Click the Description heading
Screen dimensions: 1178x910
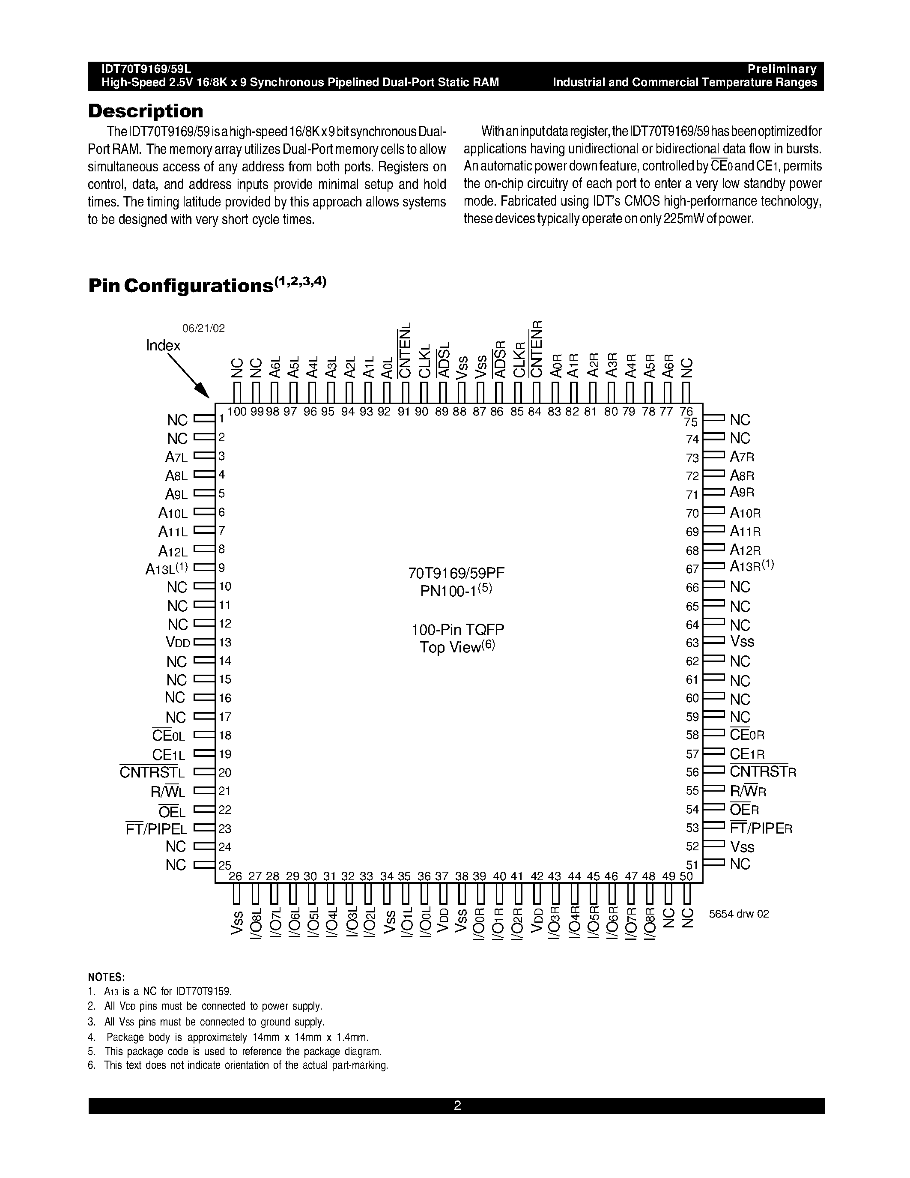(x=146, y=111)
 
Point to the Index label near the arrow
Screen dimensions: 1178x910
(x=163, y=345)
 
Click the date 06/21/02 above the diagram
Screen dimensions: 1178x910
(x=203, y=328)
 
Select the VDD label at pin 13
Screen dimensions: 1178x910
(x=178, y=643)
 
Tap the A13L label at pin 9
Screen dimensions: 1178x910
(x=167, y=568)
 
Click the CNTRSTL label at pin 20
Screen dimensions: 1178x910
(x=152, y=772)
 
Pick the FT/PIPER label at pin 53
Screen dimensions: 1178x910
(x=761, y=828)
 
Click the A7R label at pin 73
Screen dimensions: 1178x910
(x=742, y=457)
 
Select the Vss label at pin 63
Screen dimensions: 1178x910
(x=742, y=642)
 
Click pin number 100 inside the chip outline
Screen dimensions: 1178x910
(x=237, y=412)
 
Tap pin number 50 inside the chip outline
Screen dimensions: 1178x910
(x=686, y=876)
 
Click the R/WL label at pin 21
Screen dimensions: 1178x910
(x=168, y=792)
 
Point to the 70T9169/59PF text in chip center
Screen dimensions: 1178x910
(x=456, y=573)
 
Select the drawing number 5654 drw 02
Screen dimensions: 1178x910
(x=739, y=914)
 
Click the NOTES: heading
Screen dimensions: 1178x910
(x=106, y=978)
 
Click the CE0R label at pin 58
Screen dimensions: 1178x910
(x=747, y=735)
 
